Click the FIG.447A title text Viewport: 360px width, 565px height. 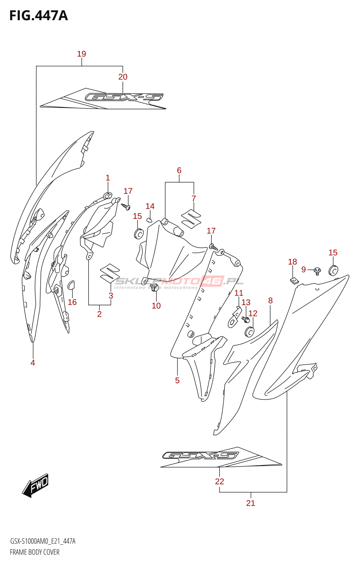[x=38, y=16]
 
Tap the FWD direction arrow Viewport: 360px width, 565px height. [x=36, y=486]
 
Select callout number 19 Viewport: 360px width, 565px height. [x=82, y=54]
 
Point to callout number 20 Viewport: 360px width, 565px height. [x=123, y=77]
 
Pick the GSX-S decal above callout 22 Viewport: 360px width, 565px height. [x=219, y=458]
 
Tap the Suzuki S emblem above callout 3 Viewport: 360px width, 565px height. [x=110, y=273]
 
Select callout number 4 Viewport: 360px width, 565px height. [x=33, y=363]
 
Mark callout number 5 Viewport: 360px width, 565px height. [x=177, y=380]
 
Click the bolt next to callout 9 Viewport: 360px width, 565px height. [x=317, y=271]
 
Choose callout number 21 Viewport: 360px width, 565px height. [x=251, y=503]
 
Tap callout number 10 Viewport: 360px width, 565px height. [x=156, y=306]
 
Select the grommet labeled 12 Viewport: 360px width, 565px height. [x=250, y=332]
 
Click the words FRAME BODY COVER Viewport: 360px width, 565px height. [x=35, y=552]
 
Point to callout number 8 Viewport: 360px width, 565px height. [x=270, y=301]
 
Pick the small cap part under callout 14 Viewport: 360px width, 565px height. [x=149, y=220]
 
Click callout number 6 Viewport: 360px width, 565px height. [x=179, y=171]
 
